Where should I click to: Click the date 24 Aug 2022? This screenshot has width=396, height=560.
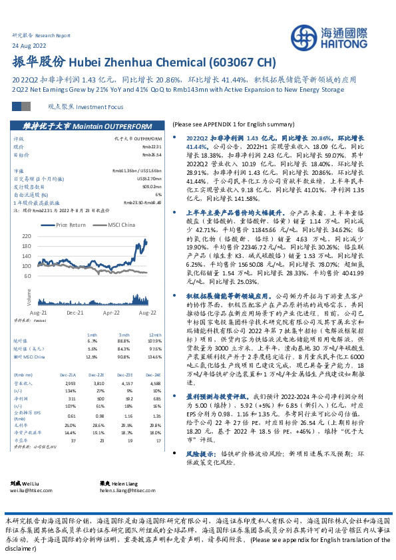29,45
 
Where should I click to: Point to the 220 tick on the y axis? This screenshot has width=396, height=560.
45,236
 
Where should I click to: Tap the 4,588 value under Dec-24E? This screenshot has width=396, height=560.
155,383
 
